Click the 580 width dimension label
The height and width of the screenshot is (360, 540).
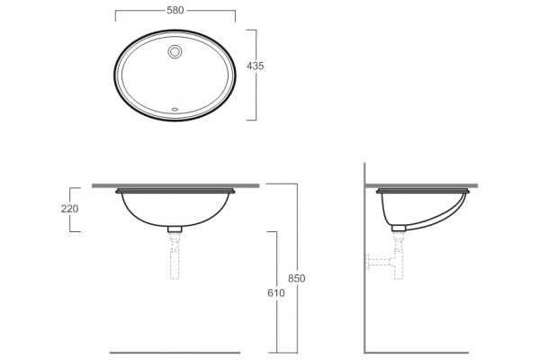(175, 10)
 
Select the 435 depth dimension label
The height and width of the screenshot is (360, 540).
(256, 66)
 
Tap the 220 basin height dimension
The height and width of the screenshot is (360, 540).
(69, 209)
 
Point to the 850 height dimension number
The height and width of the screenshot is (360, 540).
(296, 278)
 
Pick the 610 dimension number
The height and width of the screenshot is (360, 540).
(276, 292)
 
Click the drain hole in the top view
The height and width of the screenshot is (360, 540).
(175, 51)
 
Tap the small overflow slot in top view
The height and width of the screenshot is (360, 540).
(175, 110)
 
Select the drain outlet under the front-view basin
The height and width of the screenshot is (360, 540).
(175, 229)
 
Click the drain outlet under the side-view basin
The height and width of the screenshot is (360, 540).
(399, 228)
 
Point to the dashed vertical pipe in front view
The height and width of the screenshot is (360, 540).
(175, 256)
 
